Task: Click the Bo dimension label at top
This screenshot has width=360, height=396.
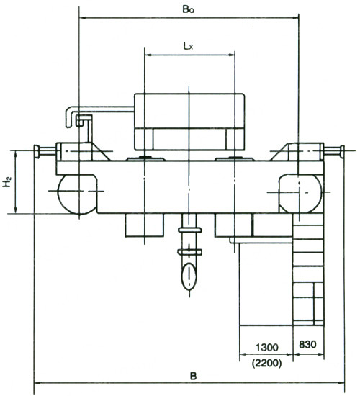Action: [x=188, y=9]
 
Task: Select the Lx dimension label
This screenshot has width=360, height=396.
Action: [x=188, y=46]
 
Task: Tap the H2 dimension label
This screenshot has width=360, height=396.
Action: [x=7, y=182]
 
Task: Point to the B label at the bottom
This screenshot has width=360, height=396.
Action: [x=193, y=376]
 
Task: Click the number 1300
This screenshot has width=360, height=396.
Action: [x=267, y=348]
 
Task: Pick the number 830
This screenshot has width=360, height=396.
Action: [x=307, y=344]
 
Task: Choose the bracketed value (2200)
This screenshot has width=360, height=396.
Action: [x=267, y=363]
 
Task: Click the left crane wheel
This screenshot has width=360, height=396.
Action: [x=77, y=194]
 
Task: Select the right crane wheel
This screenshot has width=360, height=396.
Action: [x=301, y=193]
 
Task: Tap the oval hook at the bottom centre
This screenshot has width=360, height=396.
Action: [x=189, y=276]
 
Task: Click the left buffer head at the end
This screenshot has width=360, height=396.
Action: [x=37, y=151]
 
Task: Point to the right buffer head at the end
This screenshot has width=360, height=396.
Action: [x=342, y=151]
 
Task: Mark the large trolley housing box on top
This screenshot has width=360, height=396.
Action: [x=189, y=122]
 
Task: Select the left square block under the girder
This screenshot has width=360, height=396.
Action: [x=145, y=225]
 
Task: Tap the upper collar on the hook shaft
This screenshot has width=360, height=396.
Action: [x=190, y=230]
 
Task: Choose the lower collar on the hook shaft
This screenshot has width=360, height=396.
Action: [x=190, y=252]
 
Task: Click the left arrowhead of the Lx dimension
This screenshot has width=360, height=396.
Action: [x=147, y=55]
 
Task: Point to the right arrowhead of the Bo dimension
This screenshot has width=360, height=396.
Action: [x=296, y=18]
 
